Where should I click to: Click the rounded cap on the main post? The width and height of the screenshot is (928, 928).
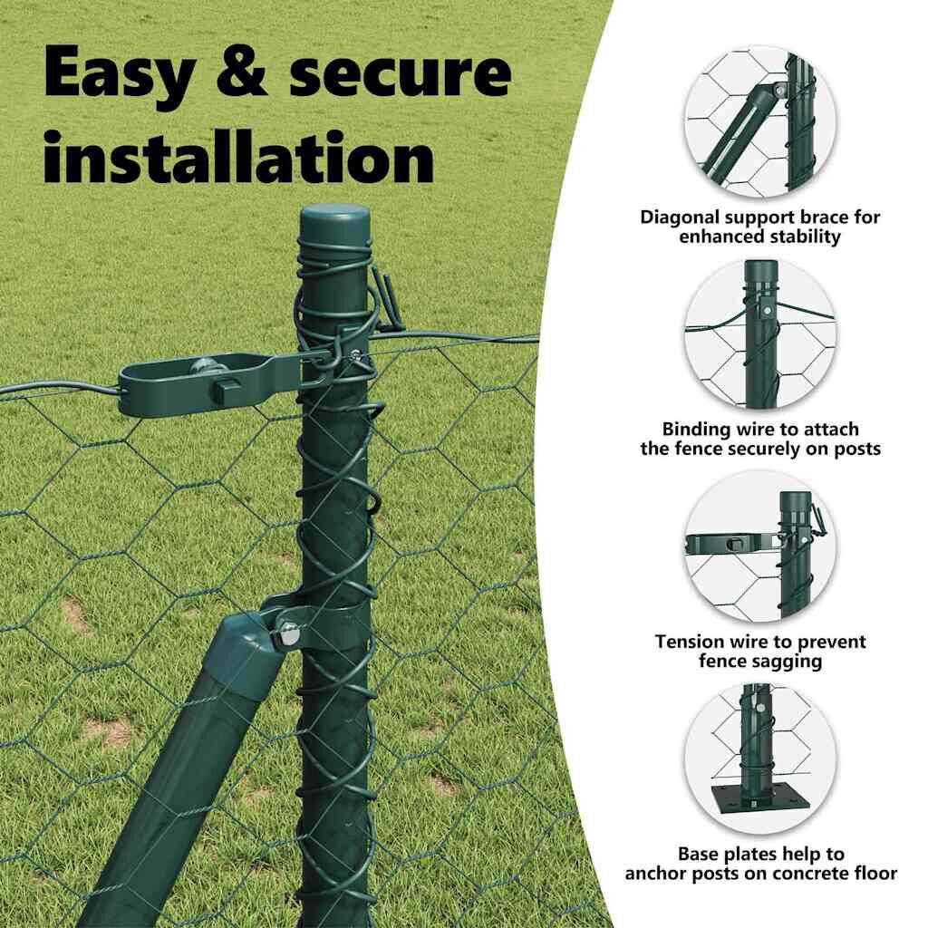[333, 221]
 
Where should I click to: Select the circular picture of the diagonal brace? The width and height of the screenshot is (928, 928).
[760, 122]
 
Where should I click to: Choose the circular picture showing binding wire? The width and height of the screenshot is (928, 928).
[760, 334]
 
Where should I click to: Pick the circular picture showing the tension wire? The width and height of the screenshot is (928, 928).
[760, 546]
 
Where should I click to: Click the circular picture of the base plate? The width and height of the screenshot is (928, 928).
[760, 759]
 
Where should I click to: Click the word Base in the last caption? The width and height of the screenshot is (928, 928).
[699, 854]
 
